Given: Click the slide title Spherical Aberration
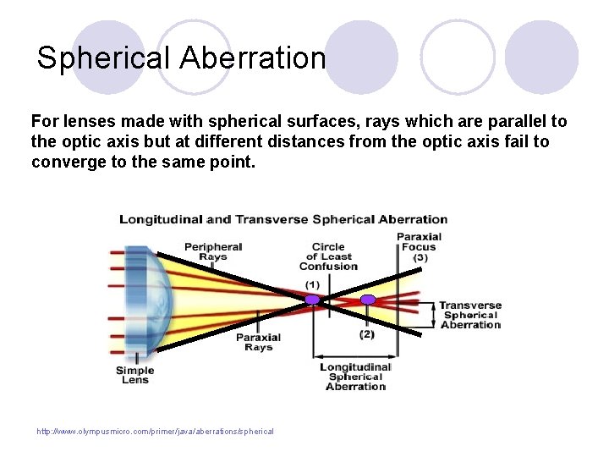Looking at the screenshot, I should [181, 58].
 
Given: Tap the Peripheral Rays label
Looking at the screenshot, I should [213, 251].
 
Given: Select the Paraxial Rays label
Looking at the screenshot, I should [258, 342].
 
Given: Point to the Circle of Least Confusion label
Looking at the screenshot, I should [328, 256].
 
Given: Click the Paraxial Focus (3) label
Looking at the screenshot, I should [419, 246].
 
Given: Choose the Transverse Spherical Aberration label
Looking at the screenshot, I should [470, 315].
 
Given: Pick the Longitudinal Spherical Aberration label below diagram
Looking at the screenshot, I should [355, 377].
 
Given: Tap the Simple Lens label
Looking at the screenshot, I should [134, 375].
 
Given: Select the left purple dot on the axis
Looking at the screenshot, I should [312, 300].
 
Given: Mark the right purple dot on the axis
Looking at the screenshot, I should [368, 300].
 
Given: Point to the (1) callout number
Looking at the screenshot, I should [312, 284].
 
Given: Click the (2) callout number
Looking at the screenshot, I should [367, 334].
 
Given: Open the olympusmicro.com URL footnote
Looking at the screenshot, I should [155, 432].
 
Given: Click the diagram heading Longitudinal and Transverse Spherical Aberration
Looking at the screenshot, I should [283, 219].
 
